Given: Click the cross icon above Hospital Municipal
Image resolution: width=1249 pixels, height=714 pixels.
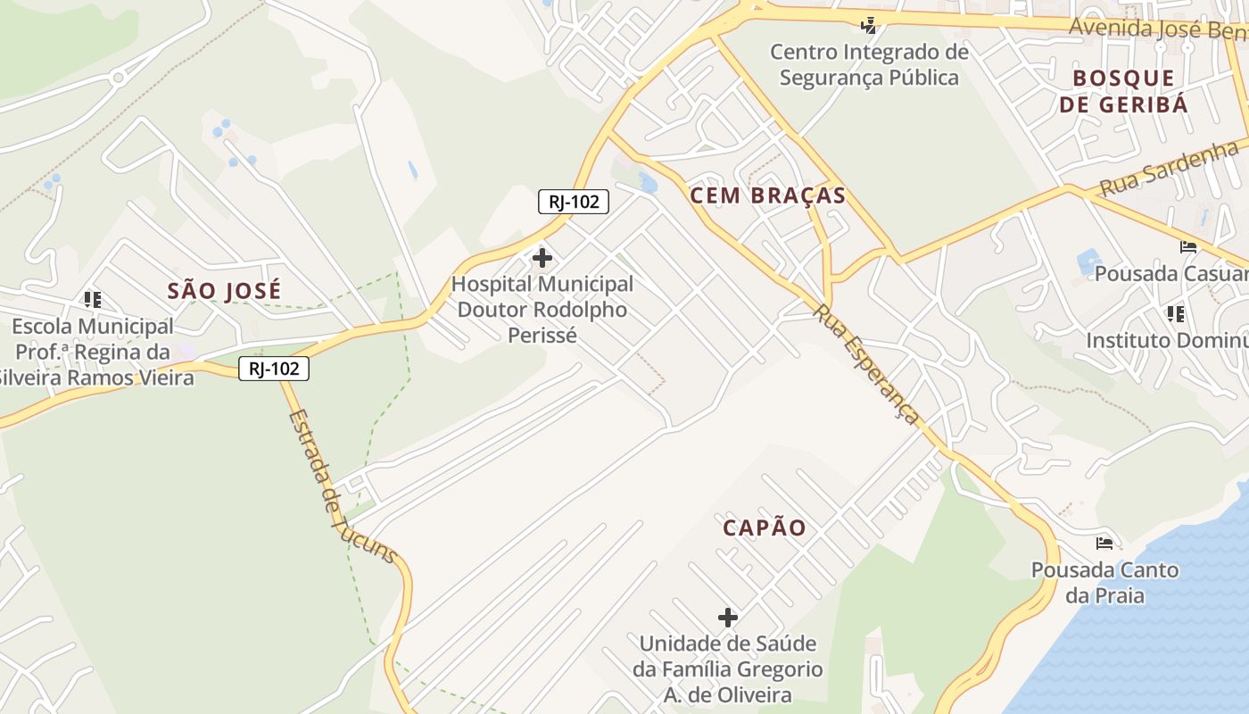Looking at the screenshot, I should tap(542, 259).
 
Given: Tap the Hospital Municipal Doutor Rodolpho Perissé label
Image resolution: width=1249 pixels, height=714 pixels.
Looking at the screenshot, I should tap(542, 310).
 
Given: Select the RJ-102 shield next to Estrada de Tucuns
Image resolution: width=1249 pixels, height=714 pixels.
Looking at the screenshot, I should tap(274, 368).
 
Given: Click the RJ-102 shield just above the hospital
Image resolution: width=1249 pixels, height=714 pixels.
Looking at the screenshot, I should tap(573, 202).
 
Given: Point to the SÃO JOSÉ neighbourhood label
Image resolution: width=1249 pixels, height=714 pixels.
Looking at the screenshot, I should tap(224, 291).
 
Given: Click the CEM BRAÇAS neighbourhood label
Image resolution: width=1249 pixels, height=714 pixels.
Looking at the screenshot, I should tap(767, 195).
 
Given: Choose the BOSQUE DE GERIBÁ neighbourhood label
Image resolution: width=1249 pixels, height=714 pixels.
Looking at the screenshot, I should tap(1123, 91).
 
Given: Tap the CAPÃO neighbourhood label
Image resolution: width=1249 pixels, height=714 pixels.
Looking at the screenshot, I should tap(764, 527).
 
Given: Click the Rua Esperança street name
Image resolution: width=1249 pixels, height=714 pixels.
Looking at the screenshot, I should tap(865, 364).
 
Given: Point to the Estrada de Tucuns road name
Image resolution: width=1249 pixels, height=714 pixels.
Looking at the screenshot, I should tap(342, 486).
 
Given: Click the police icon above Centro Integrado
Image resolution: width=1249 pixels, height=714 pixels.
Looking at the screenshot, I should tap(868, 25).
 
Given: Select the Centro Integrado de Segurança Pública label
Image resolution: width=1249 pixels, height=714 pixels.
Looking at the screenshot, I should tap(869, 65).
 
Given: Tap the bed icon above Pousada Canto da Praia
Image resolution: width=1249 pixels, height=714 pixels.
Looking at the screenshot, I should tap(1104, 543).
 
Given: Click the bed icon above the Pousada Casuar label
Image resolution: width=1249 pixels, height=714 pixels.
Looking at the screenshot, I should tap(1187, 247).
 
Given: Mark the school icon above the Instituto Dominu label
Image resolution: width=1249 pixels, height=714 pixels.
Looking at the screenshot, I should tap(1176, 314).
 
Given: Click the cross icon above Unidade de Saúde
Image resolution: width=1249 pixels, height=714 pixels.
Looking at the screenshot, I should tap(728, 617).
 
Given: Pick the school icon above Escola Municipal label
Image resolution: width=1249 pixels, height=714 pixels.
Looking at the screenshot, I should tap(93, 299).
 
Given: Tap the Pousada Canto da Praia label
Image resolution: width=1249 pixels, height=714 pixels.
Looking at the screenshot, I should tap(1104, 582).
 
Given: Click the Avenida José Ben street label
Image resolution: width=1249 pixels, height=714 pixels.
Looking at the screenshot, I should tap(1157, 29).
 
